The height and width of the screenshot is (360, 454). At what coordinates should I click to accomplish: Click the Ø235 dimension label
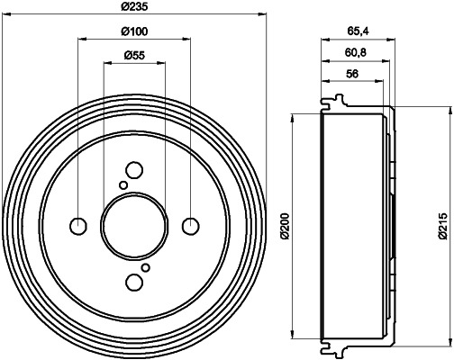point(135,8)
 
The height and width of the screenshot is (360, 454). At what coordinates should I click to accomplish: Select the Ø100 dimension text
point(134,32)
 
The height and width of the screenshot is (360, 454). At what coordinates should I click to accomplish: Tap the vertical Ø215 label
point(443,225)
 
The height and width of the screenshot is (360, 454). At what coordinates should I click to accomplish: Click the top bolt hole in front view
point(134,169)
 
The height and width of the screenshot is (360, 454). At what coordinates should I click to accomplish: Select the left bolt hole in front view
point(78,225)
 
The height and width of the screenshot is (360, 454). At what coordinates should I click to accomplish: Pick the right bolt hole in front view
point(190,225)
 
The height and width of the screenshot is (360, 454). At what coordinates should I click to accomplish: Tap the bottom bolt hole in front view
point(134,282)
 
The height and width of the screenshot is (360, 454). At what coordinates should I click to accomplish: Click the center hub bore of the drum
point(134,225)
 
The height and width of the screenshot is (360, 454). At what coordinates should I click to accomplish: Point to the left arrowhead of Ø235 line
point(5,15)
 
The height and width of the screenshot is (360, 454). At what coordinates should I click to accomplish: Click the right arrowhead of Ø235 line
point(265,15)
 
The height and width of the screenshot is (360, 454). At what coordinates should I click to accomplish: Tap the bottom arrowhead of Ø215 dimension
point(449,345)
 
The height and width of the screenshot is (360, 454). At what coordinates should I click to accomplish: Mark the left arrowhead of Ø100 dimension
point(82,40)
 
